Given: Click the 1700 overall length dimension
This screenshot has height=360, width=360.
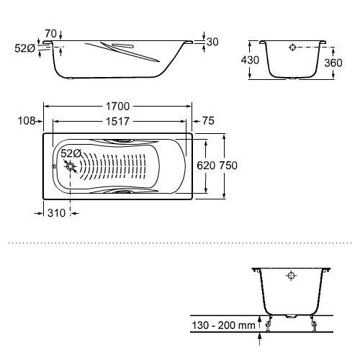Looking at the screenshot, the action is [117, 107].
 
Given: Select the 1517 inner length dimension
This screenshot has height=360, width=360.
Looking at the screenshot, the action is [117, 122].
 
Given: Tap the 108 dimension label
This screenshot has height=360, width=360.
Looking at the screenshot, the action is [27, 121].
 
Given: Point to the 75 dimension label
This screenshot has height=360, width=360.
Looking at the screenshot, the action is [208, 121].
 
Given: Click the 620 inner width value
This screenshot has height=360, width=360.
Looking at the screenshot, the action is [206, 166].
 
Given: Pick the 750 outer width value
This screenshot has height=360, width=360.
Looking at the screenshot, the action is [228, 166].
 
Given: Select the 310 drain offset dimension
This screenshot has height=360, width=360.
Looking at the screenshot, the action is [56, 213].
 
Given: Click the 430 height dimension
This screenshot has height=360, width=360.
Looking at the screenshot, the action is [250, 60].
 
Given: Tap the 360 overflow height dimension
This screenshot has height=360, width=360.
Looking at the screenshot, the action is [333, 63].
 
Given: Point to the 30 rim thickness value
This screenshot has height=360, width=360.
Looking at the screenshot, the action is [212, 42].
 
